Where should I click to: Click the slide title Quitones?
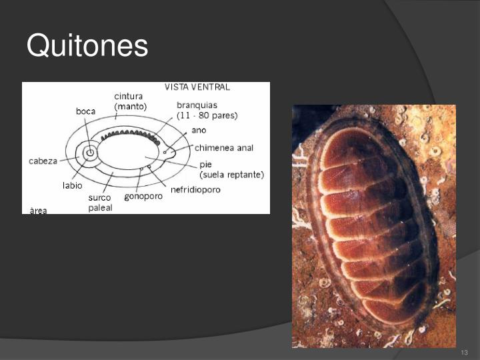[87, 47]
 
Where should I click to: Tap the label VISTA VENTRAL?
[197, 87]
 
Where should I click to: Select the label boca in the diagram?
[86, 111]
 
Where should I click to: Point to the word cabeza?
[42, 161]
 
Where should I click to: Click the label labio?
[73, 185]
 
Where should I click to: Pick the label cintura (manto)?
[130, 101]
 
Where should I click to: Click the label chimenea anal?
[224, 147]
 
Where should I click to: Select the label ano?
[199, 130]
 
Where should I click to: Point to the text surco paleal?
[100, 202]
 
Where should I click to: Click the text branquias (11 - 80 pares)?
[207, 110]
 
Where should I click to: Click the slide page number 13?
[465, 352]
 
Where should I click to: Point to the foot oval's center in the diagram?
[133, 153]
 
